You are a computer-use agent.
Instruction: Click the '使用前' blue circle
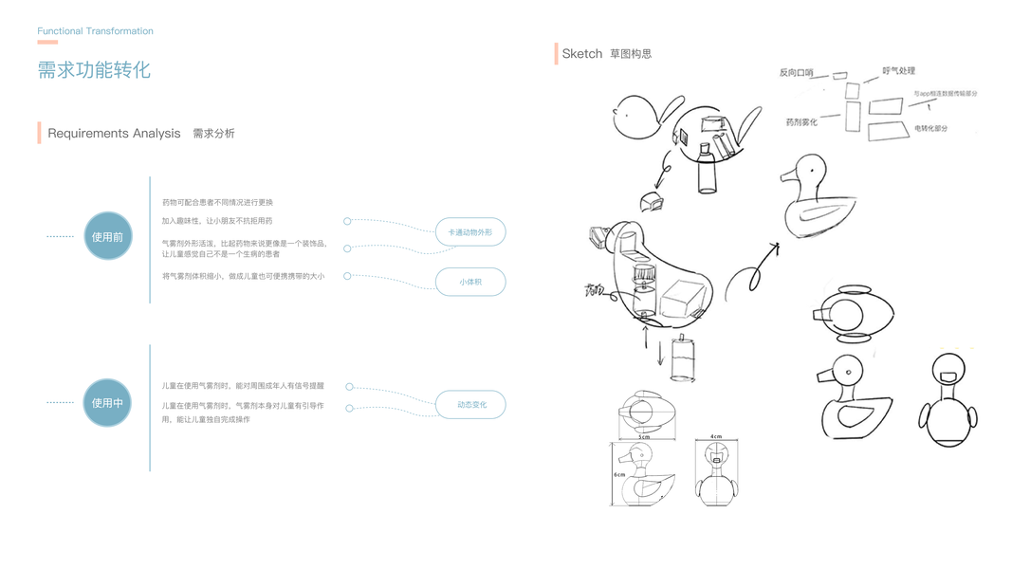(x=107, y=236)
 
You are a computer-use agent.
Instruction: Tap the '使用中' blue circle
(x=107, y=402)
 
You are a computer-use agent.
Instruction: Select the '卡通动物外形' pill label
(x=469, y=232)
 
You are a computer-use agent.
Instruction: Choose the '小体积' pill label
(x=469, y=282)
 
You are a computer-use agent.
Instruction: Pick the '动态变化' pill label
(x=470, y=405)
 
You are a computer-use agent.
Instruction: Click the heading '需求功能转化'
(x=94, y=70)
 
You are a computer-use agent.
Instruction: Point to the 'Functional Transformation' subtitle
(x=95, y=31)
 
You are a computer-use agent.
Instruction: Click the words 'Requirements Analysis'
(x=114, y=134)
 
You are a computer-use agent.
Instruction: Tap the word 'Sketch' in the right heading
(x=581, y=54)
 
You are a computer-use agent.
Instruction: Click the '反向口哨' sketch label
(x=796, y=72)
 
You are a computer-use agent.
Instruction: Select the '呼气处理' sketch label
(x=898, y=71)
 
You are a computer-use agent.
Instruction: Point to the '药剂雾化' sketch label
(x=801, y=122)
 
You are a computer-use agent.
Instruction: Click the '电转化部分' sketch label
(x=930, y=128)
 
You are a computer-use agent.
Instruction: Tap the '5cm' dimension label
(x=644, y=437)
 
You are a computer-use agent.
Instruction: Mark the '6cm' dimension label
(x=618, y=473)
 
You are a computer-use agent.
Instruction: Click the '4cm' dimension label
(x=716, y=437)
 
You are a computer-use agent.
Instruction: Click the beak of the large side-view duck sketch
(x=786, y=176)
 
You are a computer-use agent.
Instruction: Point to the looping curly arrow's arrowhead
(x=776, y=248)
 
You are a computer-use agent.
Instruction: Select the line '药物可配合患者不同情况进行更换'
(x=217, y=202)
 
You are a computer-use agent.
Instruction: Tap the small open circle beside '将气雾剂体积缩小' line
(x=347, y=276)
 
